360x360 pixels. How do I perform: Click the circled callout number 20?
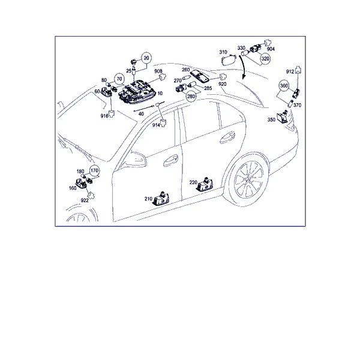pos(146,58)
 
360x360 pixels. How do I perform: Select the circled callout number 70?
pos(119,79)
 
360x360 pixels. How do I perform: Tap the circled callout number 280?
pos(191,96)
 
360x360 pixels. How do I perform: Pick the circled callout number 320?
pos(265,59)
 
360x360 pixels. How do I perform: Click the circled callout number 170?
pos(94,170)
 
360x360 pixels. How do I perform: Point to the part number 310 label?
pos(223,52)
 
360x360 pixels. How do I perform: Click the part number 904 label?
pos(271,49)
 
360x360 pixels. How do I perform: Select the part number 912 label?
pos(290,71)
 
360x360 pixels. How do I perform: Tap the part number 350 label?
pos(271,119)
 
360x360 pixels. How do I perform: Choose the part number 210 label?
pos(148,199)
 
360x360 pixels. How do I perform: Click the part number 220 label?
pos(193,182)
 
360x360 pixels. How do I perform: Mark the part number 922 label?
pos(85,200)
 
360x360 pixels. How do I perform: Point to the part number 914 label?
pos(156,125)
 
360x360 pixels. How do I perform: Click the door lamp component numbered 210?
pos(161,198)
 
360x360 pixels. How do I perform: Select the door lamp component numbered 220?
pos(205,184)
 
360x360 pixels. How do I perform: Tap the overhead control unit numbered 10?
pos(138,92)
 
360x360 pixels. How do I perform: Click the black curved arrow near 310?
pos(243,67)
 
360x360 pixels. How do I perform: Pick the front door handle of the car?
pos(170,160)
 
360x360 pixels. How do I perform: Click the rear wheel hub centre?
pos(248,180)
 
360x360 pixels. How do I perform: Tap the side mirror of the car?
pos(136,159)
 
